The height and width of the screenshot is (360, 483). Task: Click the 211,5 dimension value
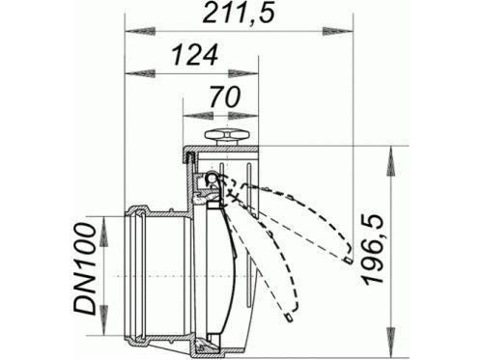tap(239, 14)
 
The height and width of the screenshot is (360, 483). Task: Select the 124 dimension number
tap(195, 55)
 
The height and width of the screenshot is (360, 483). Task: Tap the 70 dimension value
tap(225, 97)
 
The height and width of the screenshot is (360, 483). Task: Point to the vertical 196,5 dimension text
tap(374, 250)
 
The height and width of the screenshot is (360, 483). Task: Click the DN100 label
tap(85, 268)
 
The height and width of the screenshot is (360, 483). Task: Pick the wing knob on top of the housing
tap(228, 137)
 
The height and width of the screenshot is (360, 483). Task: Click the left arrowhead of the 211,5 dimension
tap(140, 32)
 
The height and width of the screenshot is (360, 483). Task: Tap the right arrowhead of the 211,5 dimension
tap(338, 32)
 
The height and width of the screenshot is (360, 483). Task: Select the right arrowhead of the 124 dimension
tap(243, 73)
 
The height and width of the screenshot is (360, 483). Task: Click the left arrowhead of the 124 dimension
tap(140, 73)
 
